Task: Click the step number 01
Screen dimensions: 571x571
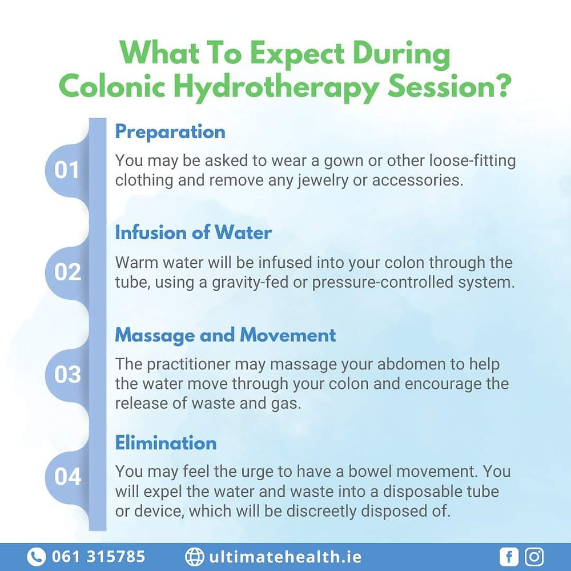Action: click(x=67, y=170)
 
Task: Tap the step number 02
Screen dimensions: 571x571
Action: click(x=67, y=272)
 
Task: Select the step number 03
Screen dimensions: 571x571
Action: click(x=67, y=375)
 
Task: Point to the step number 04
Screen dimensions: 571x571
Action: click(x=67, y=476)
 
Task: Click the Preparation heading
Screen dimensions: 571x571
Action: click(x=170, y=131)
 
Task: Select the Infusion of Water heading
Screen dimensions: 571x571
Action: click(x=193, y=232)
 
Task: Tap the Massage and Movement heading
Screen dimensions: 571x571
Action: click(x=226, y=335)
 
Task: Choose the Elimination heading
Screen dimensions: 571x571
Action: click(x=166, y=443)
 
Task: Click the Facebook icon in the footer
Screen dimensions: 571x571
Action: click(x=508, y=556)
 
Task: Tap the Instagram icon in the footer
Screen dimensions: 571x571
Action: click(x=534, y=556)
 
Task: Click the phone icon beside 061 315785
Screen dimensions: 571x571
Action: click(x=36, y=556)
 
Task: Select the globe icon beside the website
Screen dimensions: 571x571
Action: click(x=194, y=556)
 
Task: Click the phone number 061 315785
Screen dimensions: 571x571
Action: click(x=98, y=556)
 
